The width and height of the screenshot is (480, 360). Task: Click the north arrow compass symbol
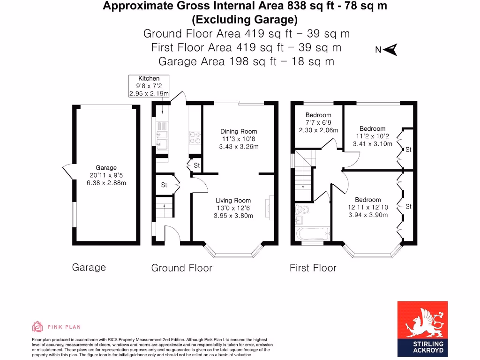click(390, 50)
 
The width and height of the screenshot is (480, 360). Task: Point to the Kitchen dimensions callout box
click(149, 86)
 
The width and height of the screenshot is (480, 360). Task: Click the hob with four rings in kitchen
click(195, 136)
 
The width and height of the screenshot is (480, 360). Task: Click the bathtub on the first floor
click(313, 232)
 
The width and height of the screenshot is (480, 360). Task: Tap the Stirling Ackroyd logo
click(422, 329)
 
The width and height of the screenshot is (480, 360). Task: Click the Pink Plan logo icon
click(37, 326)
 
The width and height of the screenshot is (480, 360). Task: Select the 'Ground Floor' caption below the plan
click(181, 268)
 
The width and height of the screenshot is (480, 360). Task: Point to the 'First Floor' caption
click(313, 268)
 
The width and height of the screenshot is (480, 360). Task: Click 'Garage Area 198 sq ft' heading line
click(246, 61)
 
